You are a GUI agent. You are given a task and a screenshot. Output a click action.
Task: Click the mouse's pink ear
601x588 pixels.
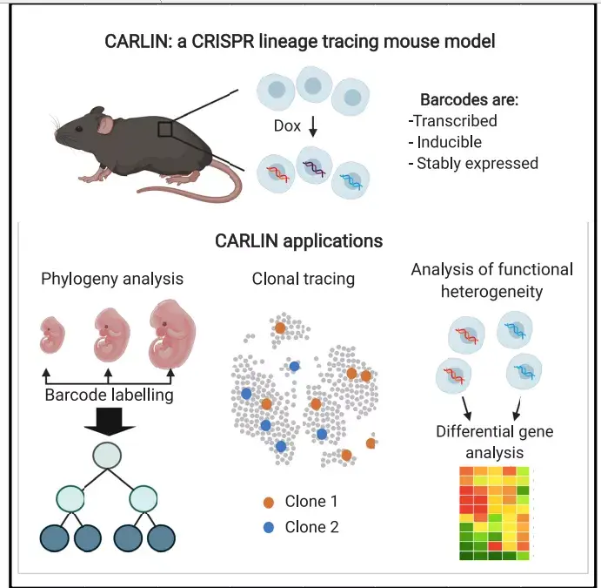pyautogui.click(x=104, y=125)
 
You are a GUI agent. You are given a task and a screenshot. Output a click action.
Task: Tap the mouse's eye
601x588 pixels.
pyautogui.click(x=78, y=129)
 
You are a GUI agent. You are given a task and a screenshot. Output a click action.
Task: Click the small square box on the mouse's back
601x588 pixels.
pyautogui.click(x=164, y=129)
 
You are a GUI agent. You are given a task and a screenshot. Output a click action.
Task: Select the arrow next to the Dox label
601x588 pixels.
pyautogui.click(x=313, y=126)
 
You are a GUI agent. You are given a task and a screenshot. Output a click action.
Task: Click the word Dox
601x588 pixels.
pyautogui.click(x=287, y=126)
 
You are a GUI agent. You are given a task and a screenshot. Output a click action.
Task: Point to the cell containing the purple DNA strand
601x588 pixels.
pyautogui.click(x=314, y=165)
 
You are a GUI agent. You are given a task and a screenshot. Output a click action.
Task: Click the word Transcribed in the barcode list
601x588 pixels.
pyautogui.click(x=456, y=121)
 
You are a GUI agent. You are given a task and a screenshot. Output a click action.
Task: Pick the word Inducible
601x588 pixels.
pyautogui.click(x=449, y=142)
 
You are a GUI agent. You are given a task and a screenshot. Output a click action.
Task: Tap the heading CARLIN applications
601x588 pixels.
pyautogui.click(x=298, y=241)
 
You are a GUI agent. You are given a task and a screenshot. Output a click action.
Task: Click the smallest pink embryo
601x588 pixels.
pyautogui.click(x=52, y=335)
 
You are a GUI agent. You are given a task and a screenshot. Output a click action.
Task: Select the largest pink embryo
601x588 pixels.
pyautogui.click(x=172, y=334)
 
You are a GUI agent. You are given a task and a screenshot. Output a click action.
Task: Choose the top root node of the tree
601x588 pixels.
pyautogui.click(x=107, y=456)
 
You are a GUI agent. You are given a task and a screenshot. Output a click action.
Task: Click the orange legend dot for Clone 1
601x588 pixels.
pyautogui.click(x=269, y=502)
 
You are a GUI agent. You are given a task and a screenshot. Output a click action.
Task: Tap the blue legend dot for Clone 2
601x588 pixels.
pyautogui.click(x=269, y=527)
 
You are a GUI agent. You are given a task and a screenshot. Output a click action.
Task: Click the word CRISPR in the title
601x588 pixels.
pyautogui.click(x=223, y=42)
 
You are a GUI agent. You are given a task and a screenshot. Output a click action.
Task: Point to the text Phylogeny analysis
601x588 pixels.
pyautogui.click(x=112, y=279)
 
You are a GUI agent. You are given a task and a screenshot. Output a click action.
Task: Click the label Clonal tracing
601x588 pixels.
pyautogui.click(x=304, y=279)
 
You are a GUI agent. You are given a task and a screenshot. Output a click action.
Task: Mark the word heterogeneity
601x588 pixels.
pyautogui.click(x=491, y=292)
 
